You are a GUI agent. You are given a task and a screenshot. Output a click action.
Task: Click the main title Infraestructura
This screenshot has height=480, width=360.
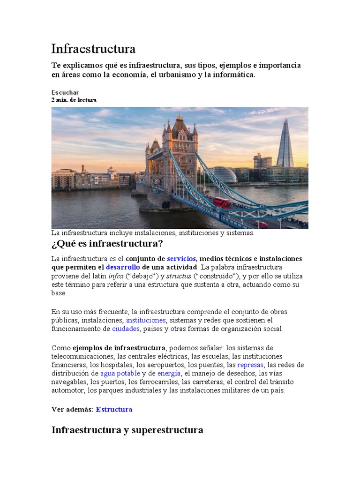pyautogui.click(x=93, y=49)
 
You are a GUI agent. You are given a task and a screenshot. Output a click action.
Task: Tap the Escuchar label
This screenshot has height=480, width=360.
pyautogui.click(x=65, y=92)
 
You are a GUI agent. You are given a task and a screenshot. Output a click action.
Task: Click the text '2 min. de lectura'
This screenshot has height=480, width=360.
pyautogui.click(x=74, y=100)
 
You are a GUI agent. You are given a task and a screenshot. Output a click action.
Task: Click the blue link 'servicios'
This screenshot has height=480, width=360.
pyautogui.click(x=181, y=259)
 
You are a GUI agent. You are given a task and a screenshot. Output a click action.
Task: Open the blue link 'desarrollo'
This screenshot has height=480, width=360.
pyautogui.click(x=123, y=267)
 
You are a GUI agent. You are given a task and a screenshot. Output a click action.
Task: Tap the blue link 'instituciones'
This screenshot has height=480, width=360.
pyautogui.click(x=146, y=320)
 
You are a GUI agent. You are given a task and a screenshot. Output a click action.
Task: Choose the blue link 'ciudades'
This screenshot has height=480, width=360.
pyautogui.click(x=126, y=329)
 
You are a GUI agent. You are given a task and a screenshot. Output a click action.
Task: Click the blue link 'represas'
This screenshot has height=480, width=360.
pyautogui.click(x=251, y=365)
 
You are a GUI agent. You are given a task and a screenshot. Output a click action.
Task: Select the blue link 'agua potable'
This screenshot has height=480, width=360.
pyautogui.click(x=120, y=374)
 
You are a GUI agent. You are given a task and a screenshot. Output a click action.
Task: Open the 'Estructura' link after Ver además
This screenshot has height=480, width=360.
pyautogui.click(x=114, y=409)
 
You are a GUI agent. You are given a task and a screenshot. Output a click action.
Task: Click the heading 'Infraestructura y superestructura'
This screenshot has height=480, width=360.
pyautogui.click(x=127, y=430)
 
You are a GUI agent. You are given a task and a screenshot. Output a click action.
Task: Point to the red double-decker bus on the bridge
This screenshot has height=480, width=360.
pyautogui.click(x=222, y=202)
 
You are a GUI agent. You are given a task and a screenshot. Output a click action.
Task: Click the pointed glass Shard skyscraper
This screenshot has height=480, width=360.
pyautogui.click(x=285, y=144)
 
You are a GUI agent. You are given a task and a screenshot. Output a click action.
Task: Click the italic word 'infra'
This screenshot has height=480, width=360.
pyautogui.click(x=116, y=276)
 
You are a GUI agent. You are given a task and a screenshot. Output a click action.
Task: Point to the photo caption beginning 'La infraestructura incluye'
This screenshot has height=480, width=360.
pyautogui.click(x=153, y=233)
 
